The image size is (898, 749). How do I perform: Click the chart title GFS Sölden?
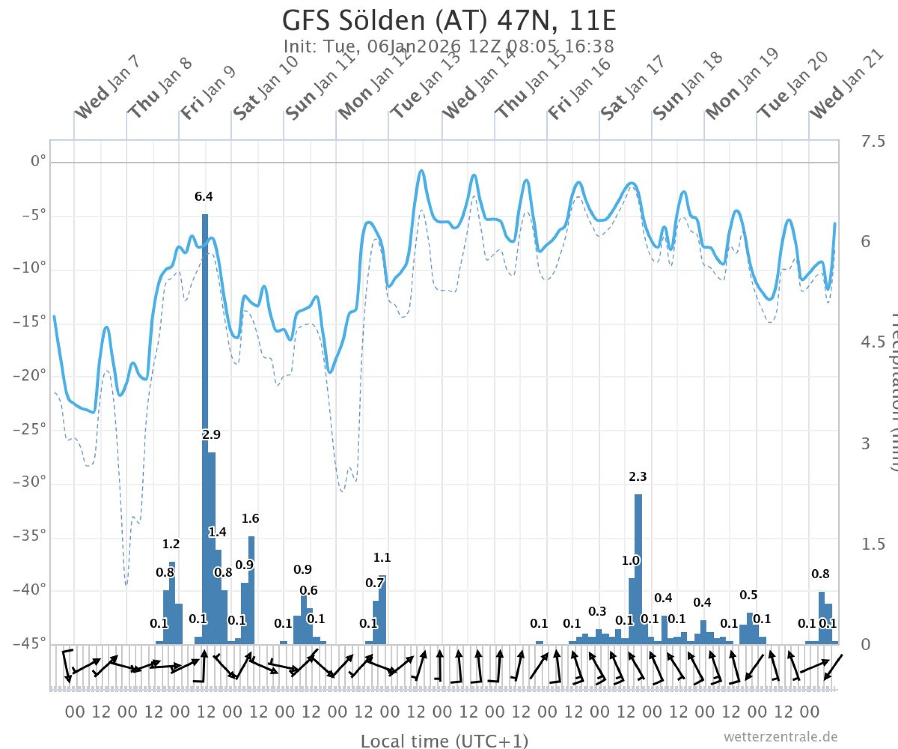[449, 20]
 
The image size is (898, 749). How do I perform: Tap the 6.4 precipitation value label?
[203, 196]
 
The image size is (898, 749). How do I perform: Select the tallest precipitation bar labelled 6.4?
[205, 427]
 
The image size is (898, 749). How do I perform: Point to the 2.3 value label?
[638, 476]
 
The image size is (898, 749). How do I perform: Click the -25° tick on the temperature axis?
[30, 430]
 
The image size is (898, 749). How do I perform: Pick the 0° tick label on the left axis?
[38, 161]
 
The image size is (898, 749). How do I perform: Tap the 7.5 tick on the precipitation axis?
[872, 141]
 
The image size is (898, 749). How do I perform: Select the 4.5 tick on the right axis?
[872, 342]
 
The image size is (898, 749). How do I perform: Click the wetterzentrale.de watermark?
[780, 736]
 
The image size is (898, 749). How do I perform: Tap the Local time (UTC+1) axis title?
[444, 740]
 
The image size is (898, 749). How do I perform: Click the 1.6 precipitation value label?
[250, 519]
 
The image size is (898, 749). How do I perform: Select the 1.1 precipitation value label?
[382, 558]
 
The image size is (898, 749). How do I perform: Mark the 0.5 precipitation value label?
[748, 595]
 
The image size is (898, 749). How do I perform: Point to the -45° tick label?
[30, 643]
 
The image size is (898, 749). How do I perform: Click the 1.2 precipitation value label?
[171, 544]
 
